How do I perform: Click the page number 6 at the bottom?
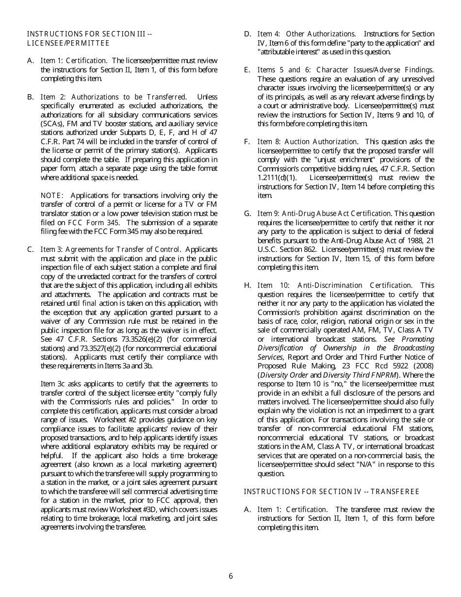(230, 576)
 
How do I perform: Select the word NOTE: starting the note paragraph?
(51, 196)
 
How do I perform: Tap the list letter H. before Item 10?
(247, 285)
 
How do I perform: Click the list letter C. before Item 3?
(31, 249)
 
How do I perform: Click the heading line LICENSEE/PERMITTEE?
(68, 43)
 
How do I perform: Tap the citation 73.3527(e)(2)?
(104, 348)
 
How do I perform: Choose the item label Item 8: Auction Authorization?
(308, 142)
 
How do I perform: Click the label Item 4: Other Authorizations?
(306, 34)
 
